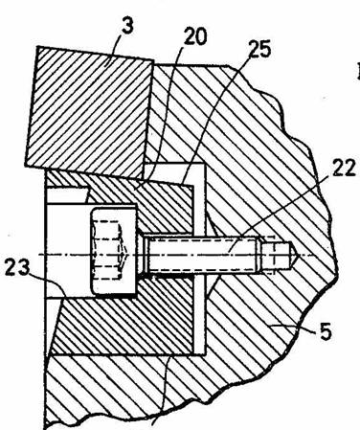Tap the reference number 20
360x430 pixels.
click(195, 36)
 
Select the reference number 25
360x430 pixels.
click(259, 49)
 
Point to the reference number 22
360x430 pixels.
click(344, 168)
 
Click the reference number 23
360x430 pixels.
click(17, 267)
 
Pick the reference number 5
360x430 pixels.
click(325, 331)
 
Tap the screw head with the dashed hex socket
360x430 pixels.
click(114, 251)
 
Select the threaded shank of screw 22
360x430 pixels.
click(202, 255)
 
